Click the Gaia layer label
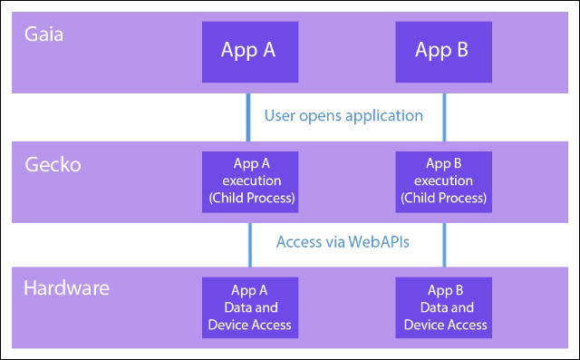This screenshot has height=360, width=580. point(44,39)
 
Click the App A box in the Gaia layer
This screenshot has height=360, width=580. point(248,50)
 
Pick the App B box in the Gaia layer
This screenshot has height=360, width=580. point(443,50)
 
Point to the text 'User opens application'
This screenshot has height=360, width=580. point(343,115)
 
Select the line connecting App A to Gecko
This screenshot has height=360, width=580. point(248,115)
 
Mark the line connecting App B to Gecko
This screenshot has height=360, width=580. point(443,115)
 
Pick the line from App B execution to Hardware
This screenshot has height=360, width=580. point(443,243)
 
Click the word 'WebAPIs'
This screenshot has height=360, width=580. point(381,241)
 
